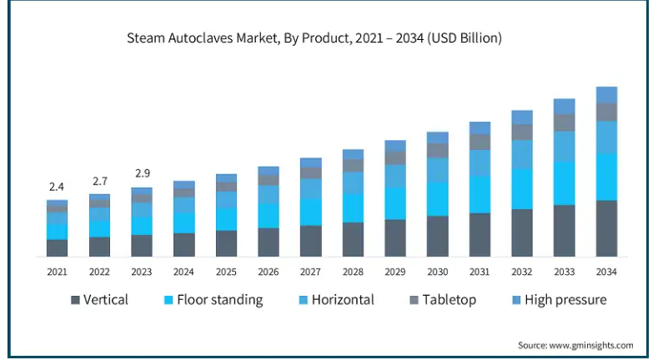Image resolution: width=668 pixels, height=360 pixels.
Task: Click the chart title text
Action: pyautogui.click(x=314, y=38)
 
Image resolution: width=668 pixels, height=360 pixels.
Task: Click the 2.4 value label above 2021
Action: pyautogui.click(x=57, y=187)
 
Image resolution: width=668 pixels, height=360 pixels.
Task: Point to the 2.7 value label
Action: pyautogui.click(x=99, y=181)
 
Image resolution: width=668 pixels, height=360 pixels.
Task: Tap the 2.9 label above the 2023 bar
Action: pyautogui.click(x=142, y=173)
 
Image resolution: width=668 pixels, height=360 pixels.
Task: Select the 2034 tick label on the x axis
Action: pyautogui.click(x=606, y=272)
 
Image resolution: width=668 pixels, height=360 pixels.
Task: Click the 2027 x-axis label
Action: pyautogui.click(x=310, y=272)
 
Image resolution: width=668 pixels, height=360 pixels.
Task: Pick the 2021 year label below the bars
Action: pyautogui.click(x=57, y=272)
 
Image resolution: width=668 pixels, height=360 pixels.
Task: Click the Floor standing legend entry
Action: pyautogui.click(x=213, y=299)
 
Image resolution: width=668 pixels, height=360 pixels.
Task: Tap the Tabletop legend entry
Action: pyautogui.click(x=443, y=299)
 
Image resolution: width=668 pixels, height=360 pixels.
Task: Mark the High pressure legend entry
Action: pyautogui.click(x=557, y=299)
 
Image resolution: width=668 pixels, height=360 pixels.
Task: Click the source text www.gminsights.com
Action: pyautogui.click(x=575, y=345)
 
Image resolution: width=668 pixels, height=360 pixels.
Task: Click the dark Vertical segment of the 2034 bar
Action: pyautogui.click(x=606, y=228)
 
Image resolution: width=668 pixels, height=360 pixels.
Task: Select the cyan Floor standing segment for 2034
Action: pyautogui.click(x=606, y=177)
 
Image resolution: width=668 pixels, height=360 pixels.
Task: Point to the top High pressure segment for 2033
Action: pyautogui.click(x=565, y=106)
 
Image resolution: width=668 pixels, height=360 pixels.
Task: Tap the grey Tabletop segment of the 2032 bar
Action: pyautogui.click(x=522, y=132)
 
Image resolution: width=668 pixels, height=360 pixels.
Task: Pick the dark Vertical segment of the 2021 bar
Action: pyautogui.click(x=57, y=247)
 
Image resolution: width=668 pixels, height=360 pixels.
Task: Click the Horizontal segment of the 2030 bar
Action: pyautogui.click(x=437, y=169)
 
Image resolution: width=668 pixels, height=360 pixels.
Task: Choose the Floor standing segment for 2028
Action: pyautogui.click(x=353, y=207)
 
